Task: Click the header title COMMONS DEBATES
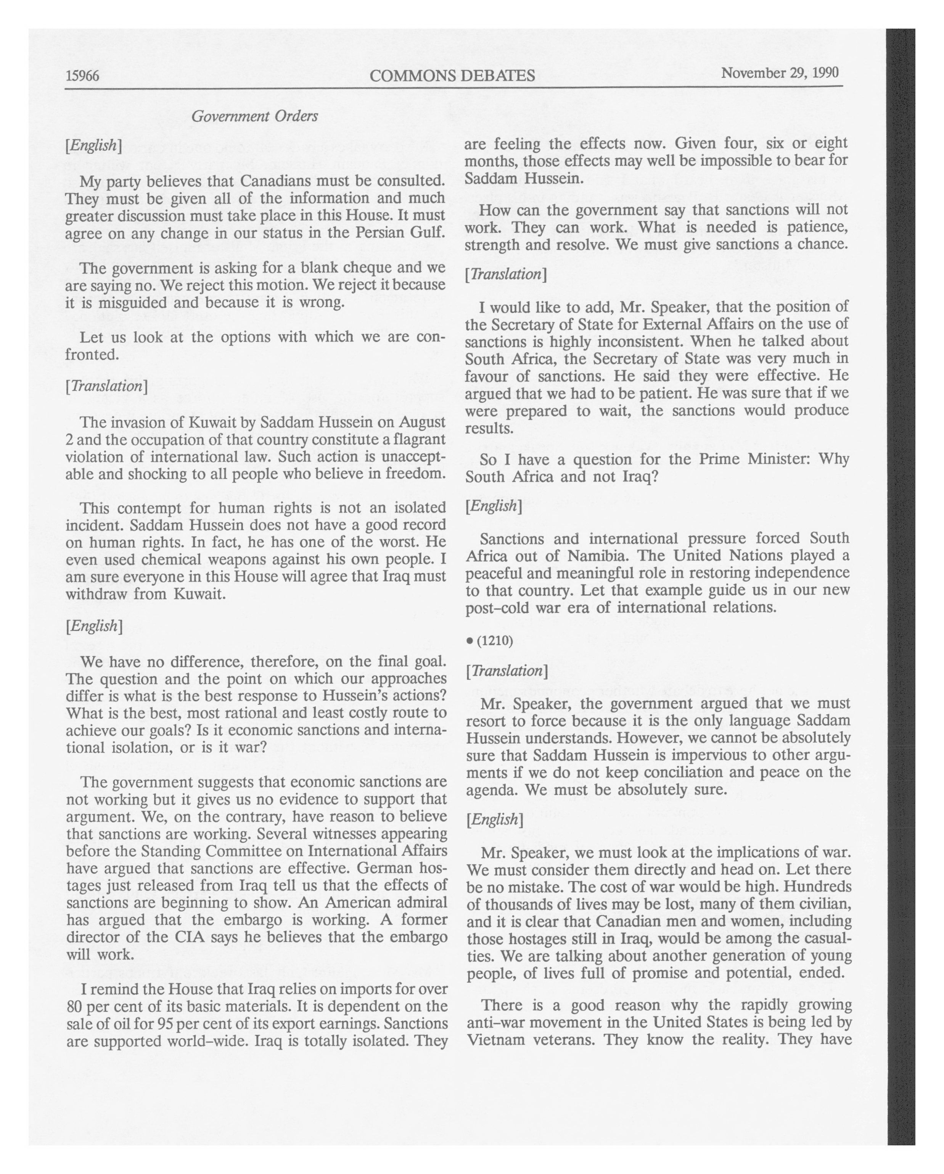point(452,75)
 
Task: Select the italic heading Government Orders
point(255,116)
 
